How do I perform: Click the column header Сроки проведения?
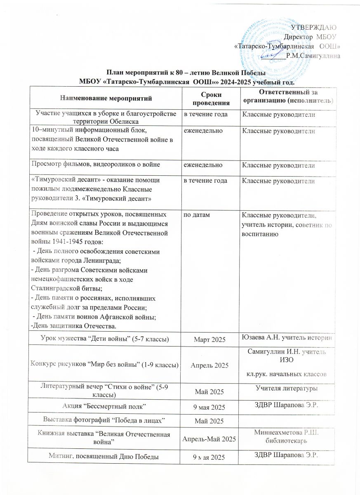click(210, 98)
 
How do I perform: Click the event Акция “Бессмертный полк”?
click(106, 407)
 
